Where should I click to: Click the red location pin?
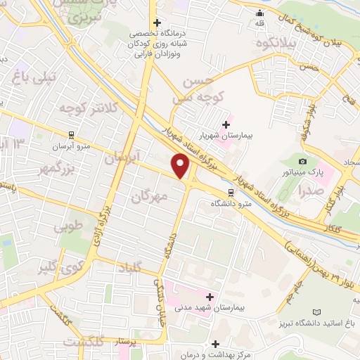coord(181,166)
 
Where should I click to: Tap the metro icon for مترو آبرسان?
coord(71,136)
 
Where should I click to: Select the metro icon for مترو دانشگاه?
coord(230,191)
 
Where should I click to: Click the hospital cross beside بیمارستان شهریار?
coord(225,124)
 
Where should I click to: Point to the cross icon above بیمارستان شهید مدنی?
coord(209,297)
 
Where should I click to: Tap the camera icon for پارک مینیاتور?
coord(303,160)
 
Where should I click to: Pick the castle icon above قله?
coord(260,12)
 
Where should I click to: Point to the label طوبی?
coord(68,228)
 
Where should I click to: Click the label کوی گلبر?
coord(56,270)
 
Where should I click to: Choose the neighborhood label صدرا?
coord(309,190)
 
